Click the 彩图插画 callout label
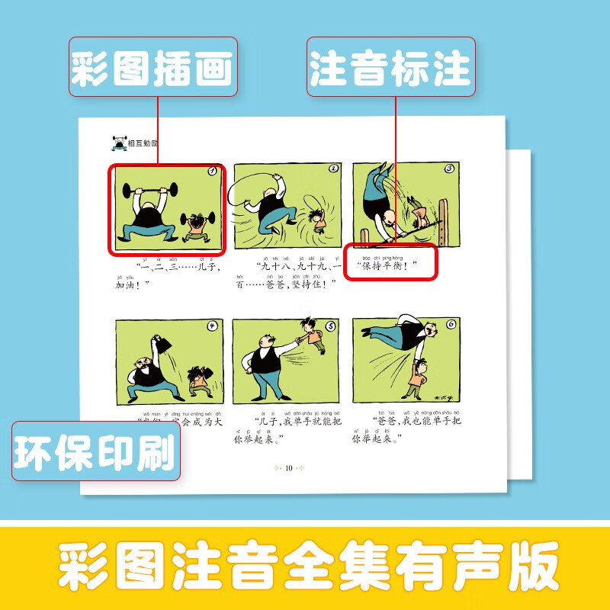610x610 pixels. click(152, 68)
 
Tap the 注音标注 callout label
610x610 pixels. click(390, 68)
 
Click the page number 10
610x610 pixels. click(288, 467)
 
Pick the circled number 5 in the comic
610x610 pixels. click(331, 326)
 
